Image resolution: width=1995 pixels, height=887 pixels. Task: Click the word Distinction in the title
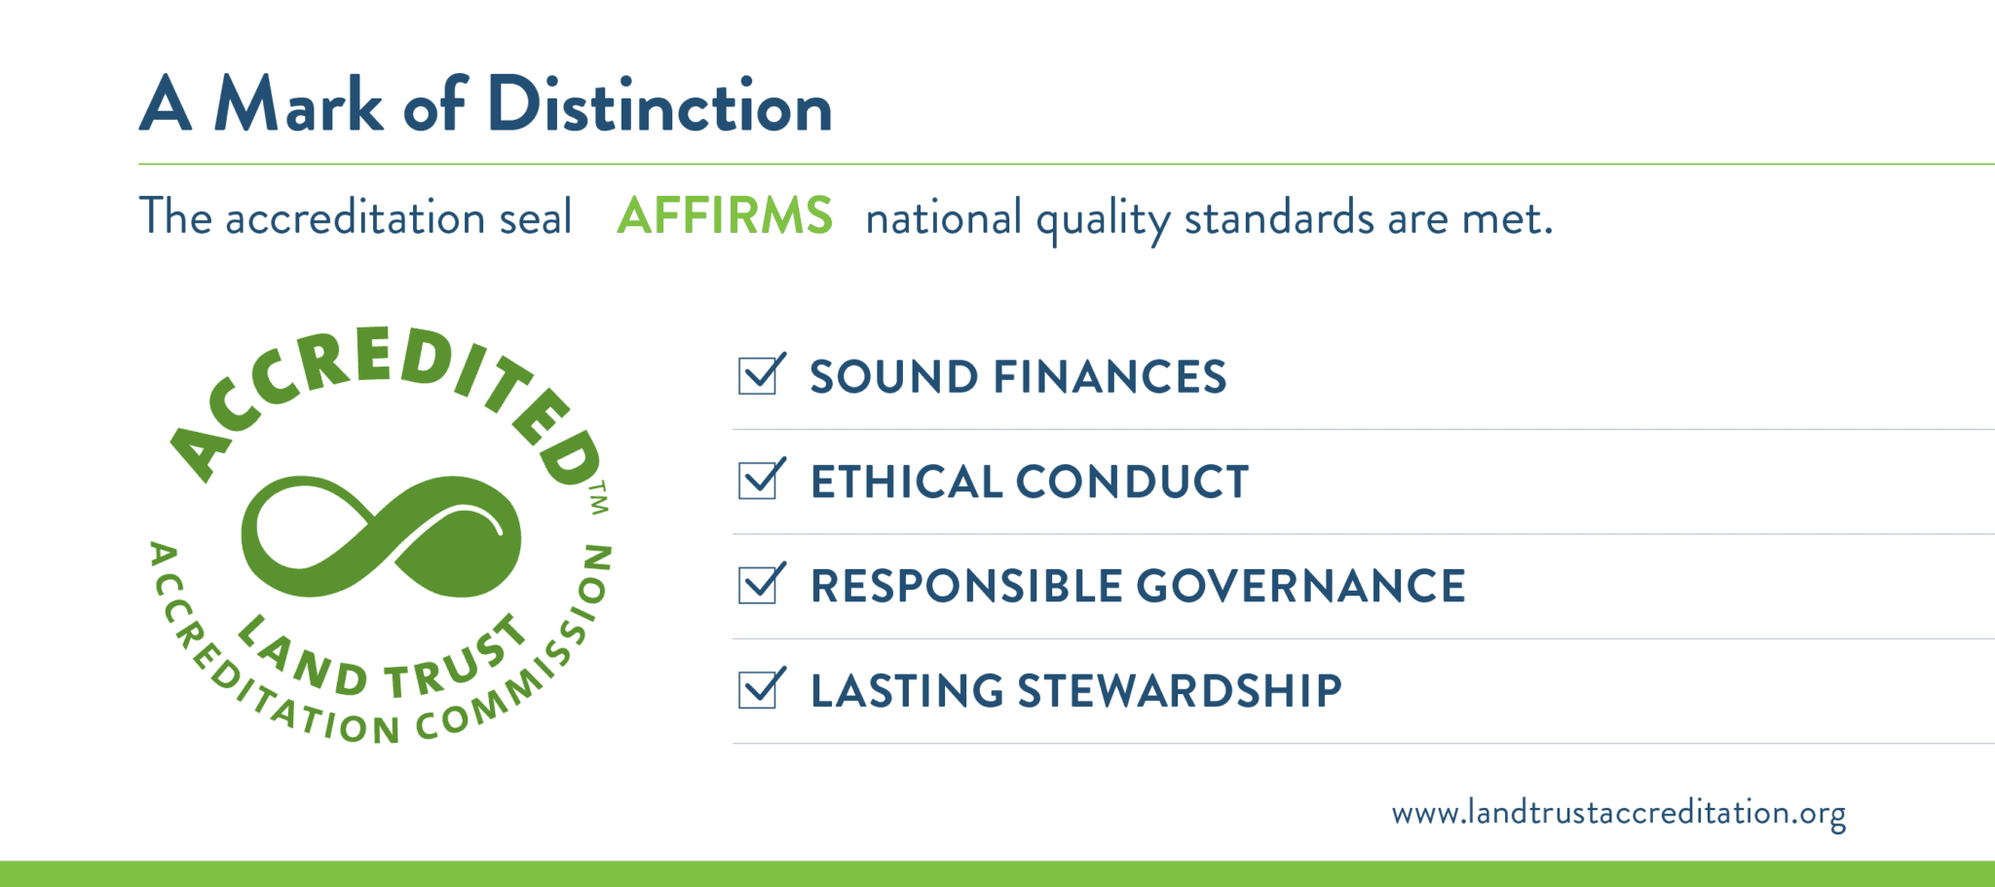click(659, 104)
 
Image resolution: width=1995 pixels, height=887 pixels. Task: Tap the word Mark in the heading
click(298, 104)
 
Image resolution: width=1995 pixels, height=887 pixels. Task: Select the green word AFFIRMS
click(725, 215)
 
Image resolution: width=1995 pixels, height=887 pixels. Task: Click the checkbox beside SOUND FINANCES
click(758, 375)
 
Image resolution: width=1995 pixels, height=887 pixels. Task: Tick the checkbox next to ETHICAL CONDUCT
click(758, 480)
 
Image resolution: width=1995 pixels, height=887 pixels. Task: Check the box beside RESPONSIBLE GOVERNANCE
click(758, 585)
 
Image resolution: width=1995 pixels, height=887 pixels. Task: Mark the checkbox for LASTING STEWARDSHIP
click(758, 689)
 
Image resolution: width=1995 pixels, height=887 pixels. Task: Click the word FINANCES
click(1110, 377)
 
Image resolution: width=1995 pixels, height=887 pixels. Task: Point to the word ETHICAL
click(906, 482)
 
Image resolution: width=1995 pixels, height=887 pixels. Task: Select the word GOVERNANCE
click(1300, 586)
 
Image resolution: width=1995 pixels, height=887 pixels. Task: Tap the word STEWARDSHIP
click(1180, 691)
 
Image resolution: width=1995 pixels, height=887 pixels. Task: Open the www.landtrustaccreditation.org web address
click(1618, 813)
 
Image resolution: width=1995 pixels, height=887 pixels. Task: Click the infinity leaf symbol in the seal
click(381, 535)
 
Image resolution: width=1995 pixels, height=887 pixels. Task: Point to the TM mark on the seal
click(598, 497)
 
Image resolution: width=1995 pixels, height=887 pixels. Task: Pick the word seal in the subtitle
click(535, 216)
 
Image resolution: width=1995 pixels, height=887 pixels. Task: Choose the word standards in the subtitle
click(1278, 217)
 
